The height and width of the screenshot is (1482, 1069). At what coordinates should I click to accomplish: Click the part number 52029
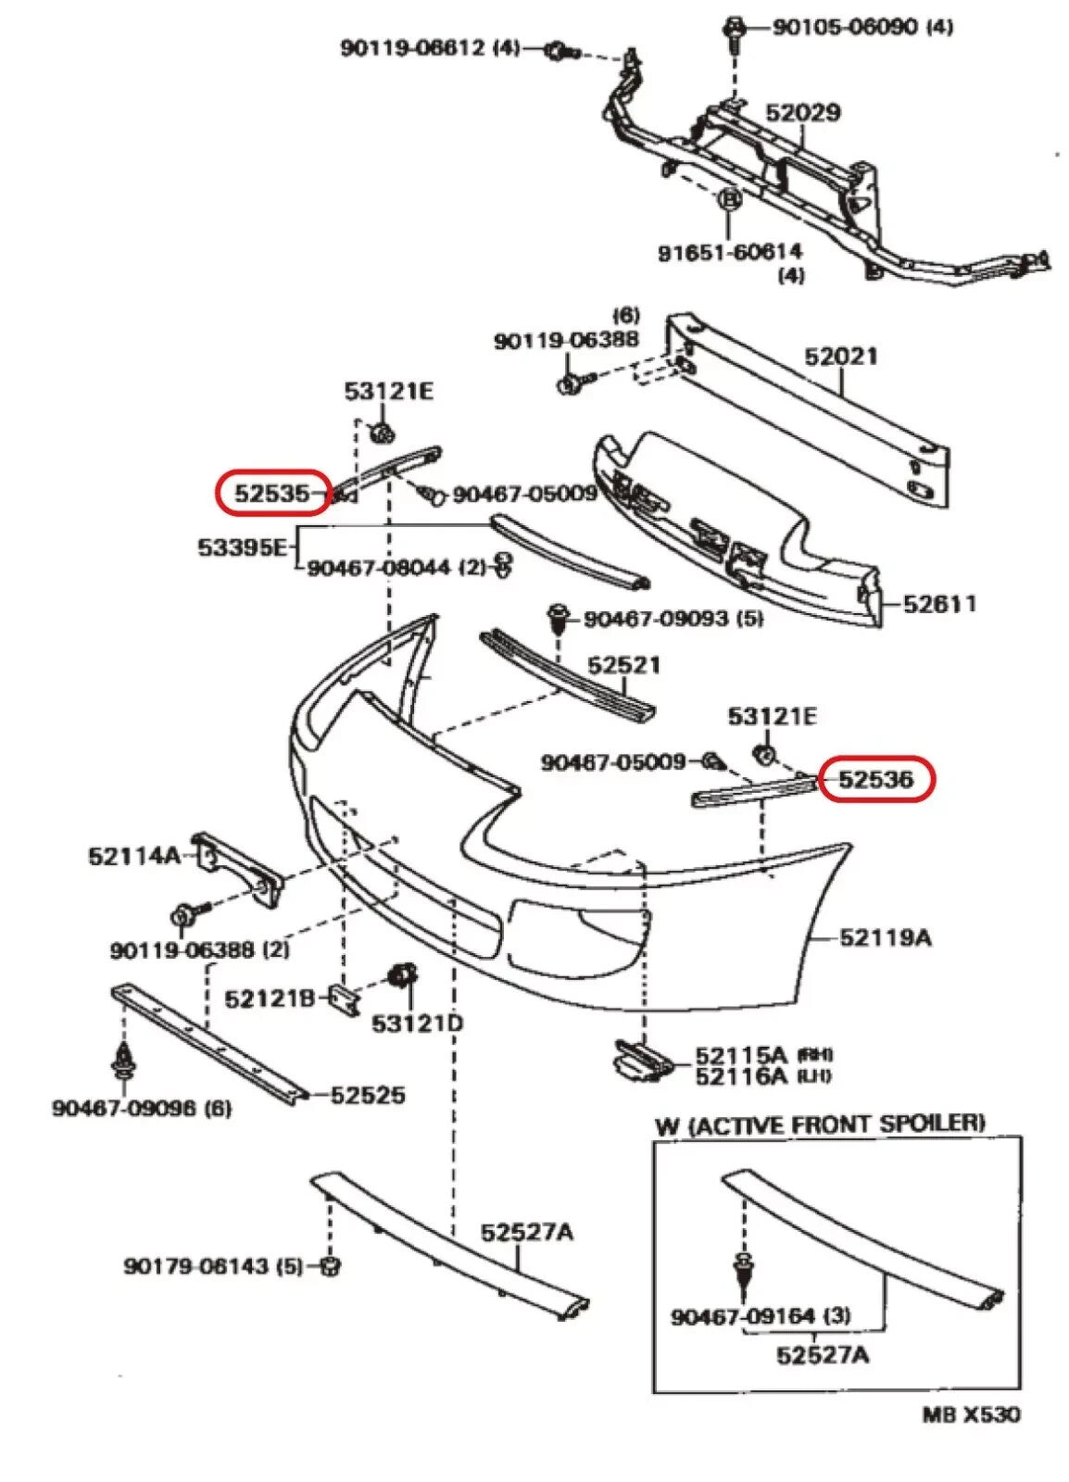point(802,112)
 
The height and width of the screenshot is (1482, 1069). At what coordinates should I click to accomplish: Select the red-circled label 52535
point(271,492)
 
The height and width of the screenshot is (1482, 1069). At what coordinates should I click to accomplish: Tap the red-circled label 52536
point(876,780)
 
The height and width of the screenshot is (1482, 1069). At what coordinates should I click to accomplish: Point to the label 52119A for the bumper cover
point(886,937)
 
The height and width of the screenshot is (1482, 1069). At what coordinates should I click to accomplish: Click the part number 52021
point(840,356)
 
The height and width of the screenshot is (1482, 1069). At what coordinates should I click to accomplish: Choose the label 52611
point(939,604)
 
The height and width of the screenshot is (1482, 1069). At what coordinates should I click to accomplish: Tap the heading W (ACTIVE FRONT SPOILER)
point(820,1125)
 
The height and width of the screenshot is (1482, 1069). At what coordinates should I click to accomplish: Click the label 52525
point(368,1095)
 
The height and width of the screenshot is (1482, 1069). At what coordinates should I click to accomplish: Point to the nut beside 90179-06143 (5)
point(329,1264)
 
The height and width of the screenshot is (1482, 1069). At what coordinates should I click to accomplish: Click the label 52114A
point(134,855)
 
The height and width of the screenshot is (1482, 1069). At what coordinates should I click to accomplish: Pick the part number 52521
point(623,664)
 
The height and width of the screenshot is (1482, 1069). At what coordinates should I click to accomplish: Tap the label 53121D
point(418,1024)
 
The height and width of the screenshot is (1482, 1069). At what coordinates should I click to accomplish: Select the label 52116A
point(740,1075)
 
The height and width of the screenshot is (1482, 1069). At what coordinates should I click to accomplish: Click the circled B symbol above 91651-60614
point(729,198)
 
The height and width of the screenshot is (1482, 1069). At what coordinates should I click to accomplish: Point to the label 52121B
point(270,998)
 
